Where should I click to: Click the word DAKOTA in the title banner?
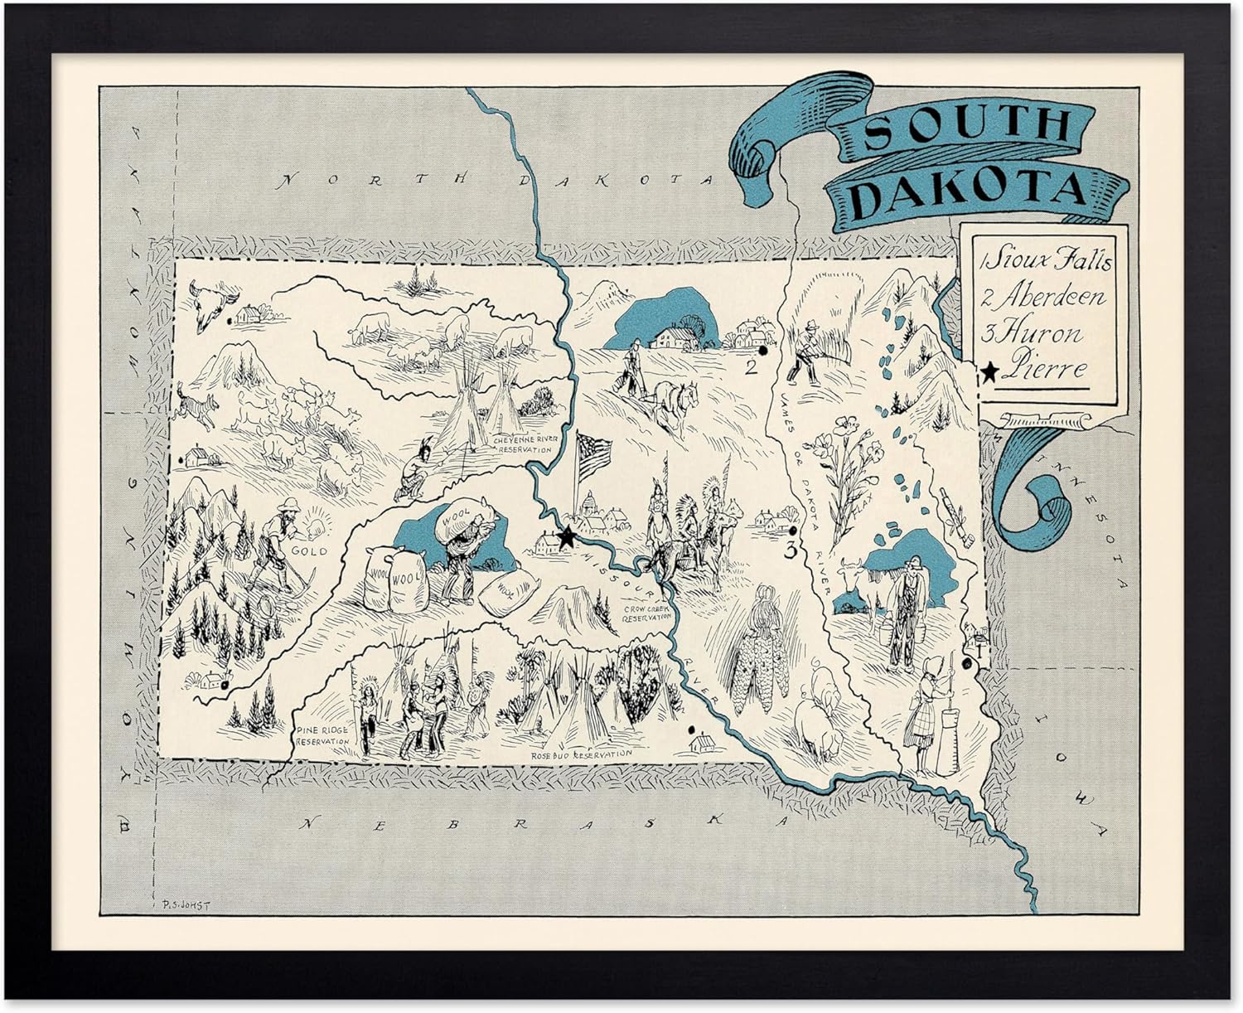pyautogui.click(x=970, y=191)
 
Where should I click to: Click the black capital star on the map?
pyautogui.click(x=567, y=537)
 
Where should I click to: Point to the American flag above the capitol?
pyautogui.click(x=593, y=455)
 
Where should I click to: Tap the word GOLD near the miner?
pyautogui.click(x=309, y=550)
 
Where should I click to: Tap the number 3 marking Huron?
pyautogui.click(x=791, y=550)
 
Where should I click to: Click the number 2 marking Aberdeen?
pyautogui.click(x=752, y=367)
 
